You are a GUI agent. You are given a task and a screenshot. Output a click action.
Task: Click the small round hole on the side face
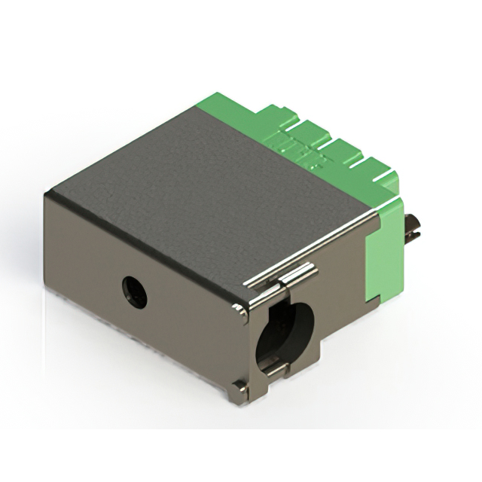tap(134, 290)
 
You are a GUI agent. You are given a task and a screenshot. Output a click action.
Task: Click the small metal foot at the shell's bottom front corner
tap(239, 387)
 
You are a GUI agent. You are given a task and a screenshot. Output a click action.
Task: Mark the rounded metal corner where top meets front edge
tap(239, 309)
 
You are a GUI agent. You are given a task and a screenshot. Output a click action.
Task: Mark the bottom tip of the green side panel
tap(368, 300)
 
